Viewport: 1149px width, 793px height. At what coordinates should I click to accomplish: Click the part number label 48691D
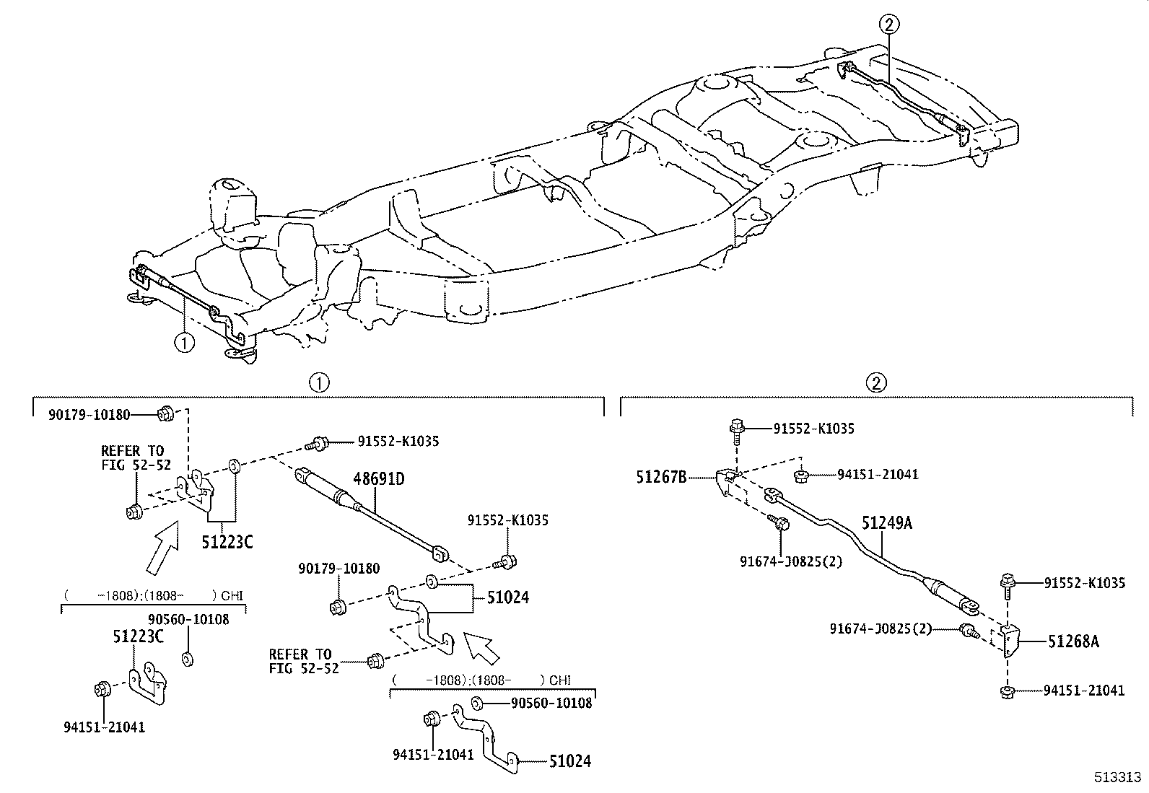(379, 478)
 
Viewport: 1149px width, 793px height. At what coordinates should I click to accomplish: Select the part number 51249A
(886, 523)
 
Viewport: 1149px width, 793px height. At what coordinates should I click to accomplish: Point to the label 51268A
(1074, 641)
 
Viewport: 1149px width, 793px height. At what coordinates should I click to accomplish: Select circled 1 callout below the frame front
(184, 341)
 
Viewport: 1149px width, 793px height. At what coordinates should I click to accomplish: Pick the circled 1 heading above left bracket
(319, 382)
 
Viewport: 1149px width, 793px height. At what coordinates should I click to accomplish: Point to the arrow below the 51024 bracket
(482, 646)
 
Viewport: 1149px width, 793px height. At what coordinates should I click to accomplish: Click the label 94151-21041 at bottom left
(105, 727)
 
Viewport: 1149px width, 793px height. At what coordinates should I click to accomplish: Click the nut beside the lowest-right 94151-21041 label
(1006, 692)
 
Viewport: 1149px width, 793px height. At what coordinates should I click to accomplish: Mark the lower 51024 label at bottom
(569, 761)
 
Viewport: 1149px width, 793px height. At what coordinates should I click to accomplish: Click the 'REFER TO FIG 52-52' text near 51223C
(136, 457)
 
